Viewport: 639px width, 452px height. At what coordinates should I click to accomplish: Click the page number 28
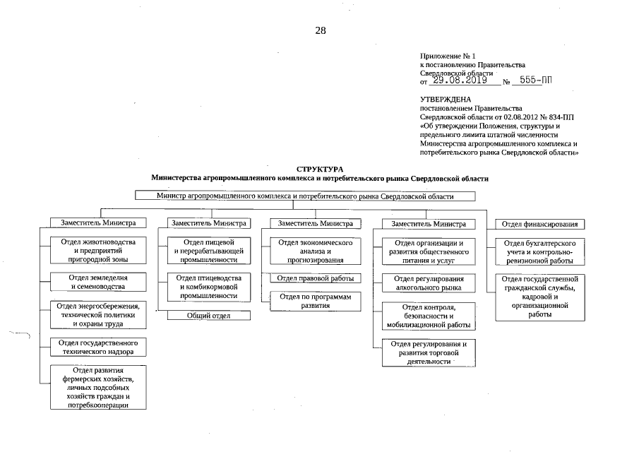tap(321, 30)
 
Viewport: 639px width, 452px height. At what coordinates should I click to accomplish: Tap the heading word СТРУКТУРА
tap(320, 169)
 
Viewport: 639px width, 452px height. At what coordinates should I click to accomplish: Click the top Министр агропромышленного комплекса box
tap(305, 196)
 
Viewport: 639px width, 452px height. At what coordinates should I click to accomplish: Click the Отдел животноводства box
tap(98, 251)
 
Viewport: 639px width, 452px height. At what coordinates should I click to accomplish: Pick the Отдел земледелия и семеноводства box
tap(98, 282)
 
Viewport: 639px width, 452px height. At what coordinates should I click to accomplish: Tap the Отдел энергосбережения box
tap(98, 314)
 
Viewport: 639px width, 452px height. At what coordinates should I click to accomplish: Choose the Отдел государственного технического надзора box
tap(98, 347)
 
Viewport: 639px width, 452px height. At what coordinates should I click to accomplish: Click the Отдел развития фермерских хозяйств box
tap(98, 388)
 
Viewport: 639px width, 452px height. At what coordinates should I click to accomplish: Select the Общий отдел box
tap(208, 316)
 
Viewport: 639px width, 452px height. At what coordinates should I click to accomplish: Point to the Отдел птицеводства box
tap(208, 287)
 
